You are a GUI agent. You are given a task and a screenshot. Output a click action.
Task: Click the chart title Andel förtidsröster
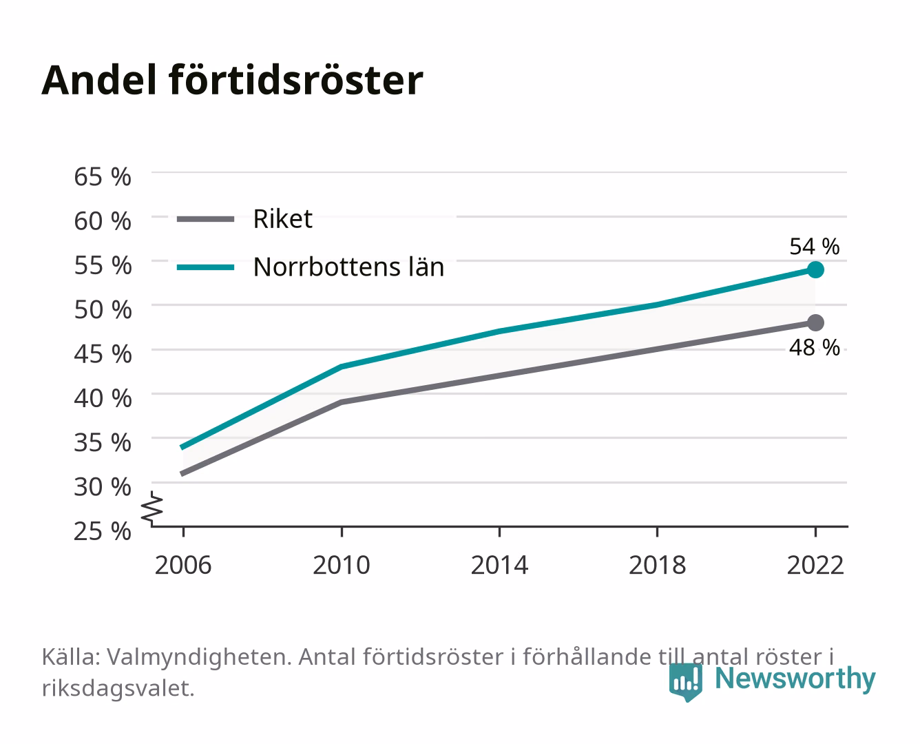point(232,80)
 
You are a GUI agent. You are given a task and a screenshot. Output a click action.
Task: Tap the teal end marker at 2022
point(815,270)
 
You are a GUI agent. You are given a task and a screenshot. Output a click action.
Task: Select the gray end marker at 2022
point(815,323)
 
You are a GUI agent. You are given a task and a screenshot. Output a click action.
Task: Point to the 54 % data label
point(814,247)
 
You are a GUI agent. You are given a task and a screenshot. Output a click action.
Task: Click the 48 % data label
point(814,347)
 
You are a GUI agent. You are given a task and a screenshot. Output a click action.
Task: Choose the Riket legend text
point(282,219)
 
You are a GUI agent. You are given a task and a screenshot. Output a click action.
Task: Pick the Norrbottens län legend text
point(348,267)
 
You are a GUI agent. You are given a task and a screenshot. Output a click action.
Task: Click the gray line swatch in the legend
point(206,219)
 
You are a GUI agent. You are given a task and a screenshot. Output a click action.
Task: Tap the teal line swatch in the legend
point(206,267)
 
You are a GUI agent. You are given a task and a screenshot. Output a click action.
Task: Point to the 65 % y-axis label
point(103,177)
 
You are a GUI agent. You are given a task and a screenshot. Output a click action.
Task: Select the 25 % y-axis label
point(103,531)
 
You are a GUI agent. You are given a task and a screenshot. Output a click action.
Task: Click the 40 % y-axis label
point(103,398)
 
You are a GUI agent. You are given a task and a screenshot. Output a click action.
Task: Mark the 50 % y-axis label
point(103,310)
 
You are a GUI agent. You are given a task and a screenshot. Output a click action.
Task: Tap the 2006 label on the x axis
point(183,565)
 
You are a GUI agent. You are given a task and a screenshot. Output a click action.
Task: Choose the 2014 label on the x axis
point(499,565)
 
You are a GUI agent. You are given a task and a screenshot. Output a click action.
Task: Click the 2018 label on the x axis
point(658,565)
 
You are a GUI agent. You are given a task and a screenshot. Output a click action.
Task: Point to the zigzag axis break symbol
point(152,508)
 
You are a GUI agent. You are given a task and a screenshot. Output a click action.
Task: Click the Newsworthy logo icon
point(685,682)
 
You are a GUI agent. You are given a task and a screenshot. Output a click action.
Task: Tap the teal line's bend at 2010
point(342,366)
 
